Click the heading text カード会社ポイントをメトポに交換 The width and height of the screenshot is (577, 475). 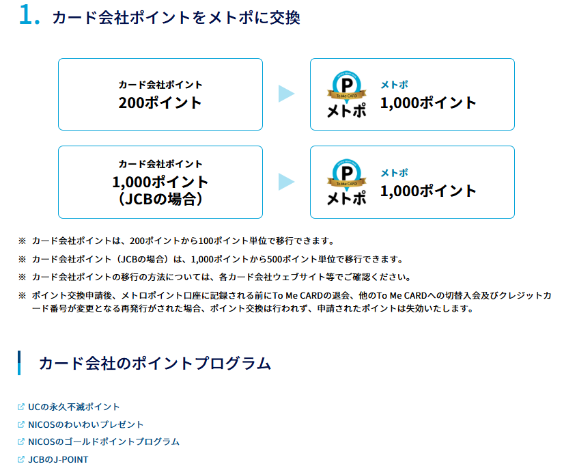pos(175,18)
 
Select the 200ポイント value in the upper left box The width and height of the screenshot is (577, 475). pos(160,103)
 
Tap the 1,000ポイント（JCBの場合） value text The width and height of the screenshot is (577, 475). pos(160,191)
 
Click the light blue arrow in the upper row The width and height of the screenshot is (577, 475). pos(286,94)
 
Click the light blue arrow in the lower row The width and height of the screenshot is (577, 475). pos(286,182)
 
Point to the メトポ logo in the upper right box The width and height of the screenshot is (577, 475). pos(346,95)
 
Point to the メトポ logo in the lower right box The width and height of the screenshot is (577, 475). pos(346,182)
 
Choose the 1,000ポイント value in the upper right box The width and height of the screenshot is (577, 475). pos(428,103)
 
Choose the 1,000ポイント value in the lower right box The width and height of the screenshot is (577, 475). pos(428,191)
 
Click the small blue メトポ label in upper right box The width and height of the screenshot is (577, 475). pos(394,85)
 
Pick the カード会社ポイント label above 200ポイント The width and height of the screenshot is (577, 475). pos(160,85)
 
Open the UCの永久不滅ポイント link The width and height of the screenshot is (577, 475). pos(74,407)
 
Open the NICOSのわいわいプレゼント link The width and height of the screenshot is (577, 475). pos(86,424)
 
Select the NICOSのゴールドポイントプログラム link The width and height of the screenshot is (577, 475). pos(104,442)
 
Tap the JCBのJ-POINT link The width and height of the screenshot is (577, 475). pos(58,459)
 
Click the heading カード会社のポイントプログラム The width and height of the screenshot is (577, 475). pos(155,363)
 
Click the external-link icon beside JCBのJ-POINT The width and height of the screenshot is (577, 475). pos(21,459)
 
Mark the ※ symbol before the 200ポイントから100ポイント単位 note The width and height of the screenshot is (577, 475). pos(22,241)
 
